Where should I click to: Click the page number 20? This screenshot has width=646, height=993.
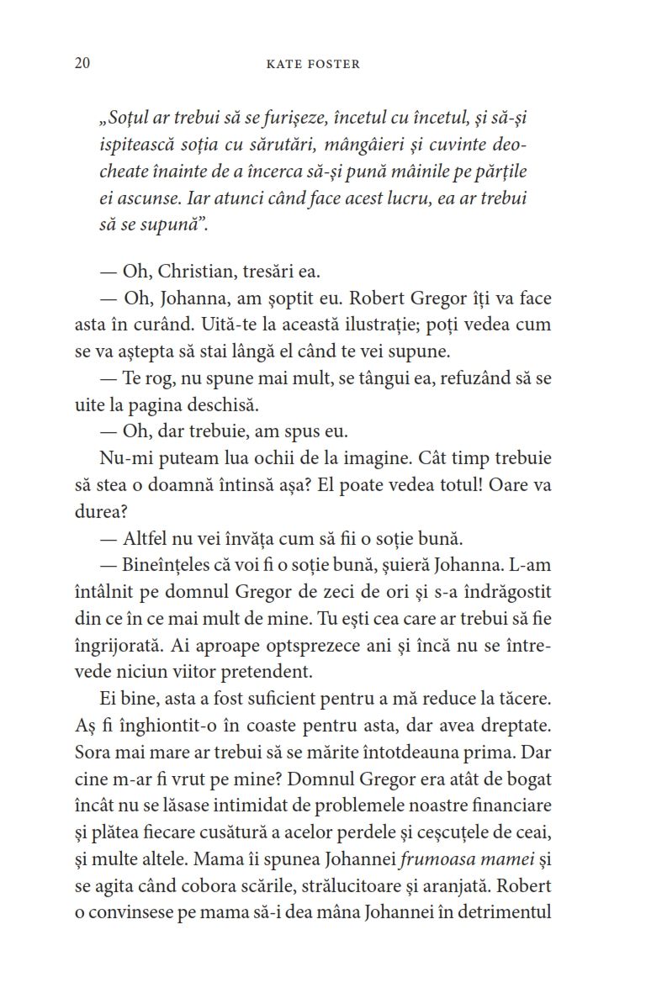[82, 64]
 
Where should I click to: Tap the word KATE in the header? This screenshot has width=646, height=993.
[283, 65]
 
